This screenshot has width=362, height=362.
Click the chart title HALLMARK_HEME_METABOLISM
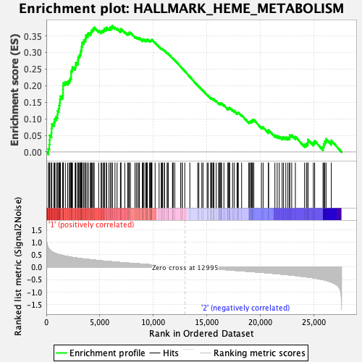click(x=238, y=9)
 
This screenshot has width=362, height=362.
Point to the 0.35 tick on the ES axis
click(x=33, y=37)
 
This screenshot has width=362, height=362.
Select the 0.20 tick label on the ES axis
click(x=33, y=86)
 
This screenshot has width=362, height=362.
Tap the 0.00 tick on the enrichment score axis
click(x=33, y=153)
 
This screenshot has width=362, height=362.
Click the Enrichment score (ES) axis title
click(x=14, y=90)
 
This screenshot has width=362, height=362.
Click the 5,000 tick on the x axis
click(x=100, y=322)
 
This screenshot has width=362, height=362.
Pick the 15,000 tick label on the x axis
click(x=207, y=322)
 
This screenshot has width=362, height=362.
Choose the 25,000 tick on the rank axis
click(x=313, y=322)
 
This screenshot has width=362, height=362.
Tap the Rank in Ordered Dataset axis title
click(x=201, y=334)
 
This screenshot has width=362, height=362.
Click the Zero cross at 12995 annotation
click(x=185, y=268)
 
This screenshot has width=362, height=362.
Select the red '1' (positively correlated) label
click(x=91, y=224)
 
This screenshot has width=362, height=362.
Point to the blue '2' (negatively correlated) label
click(x=245, y=308)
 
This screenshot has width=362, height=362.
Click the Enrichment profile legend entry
click(x=101, y=353)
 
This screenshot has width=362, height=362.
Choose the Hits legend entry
click(x=164, y=353)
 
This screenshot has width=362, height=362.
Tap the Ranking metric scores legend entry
click(x=253, y=353)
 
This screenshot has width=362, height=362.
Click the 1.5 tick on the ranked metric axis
click(x=37, y=230)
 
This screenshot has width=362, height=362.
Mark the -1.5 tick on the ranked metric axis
click(x=34, y=306)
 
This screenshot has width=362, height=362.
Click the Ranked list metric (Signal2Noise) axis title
click(x=18, y=266)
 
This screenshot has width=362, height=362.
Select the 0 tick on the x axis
click(x=46, y=322)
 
